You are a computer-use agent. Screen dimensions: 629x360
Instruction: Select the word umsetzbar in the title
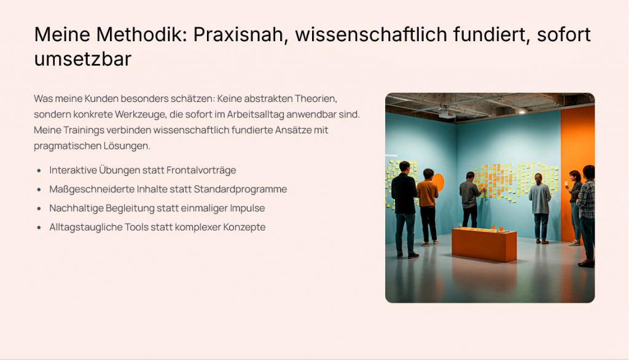83,59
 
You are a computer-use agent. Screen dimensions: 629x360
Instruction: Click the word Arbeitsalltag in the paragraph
256,114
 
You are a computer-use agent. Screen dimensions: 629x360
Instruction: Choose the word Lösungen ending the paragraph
127,146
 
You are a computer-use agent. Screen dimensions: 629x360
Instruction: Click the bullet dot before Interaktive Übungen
39,171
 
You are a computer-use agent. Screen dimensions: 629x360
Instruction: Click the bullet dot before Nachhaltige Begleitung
39,209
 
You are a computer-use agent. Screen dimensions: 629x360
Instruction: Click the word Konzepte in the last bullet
244,227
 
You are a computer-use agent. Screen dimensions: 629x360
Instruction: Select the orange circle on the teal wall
439,182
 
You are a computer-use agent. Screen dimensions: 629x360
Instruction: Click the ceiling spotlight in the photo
522,111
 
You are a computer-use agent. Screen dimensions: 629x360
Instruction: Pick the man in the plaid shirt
587,216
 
